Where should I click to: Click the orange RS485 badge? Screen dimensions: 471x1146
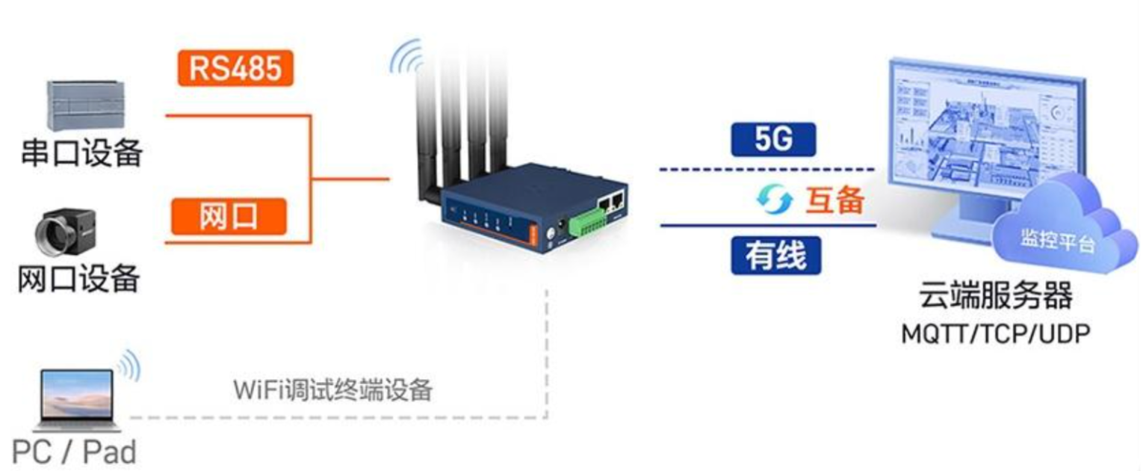235,68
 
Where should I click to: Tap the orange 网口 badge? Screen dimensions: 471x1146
230,217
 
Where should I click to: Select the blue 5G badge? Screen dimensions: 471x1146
773,140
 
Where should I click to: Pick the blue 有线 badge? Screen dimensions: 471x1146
775,256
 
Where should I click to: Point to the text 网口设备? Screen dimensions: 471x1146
79,279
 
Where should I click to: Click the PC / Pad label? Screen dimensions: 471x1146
75,452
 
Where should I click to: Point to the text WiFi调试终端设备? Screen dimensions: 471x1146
332,390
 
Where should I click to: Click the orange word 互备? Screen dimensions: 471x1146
834,200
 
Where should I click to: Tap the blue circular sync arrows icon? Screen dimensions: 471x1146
774,199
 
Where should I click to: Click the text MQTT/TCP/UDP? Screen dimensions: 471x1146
995,333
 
